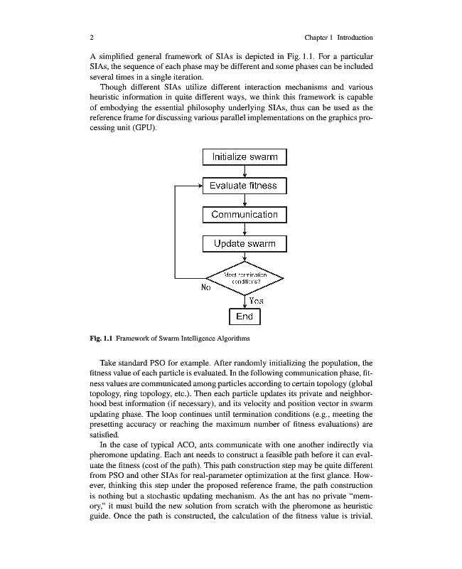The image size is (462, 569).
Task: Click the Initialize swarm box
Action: (x=245, y=156)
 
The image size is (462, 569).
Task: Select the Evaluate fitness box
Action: (x=245, y=186)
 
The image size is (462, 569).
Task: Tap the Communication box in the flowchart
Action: (x=245, y=214)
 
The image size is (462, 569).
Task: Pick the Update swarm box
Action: (x=245, y=243)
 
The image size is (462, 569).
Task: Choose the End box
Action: (x=245, y=316)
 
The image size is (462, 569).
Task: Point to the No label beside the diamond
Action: (x=206, y=288)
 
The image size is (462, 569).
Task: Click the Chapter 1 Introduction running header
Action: (x=338, y=37)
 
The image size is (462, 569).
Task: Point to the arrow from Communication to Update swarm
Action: (x=245, y=229)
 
